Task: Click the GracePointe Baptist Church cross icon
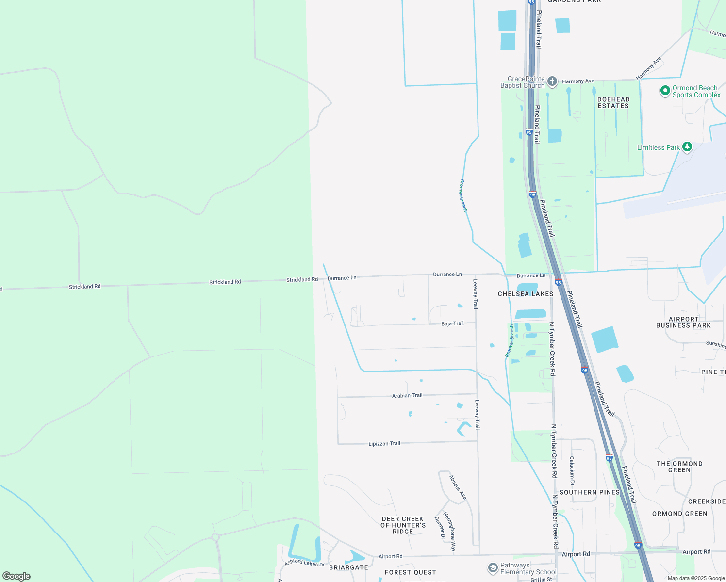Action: (x=552, y=81)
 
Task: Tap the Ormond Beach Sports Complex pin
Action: (x=665, y=91)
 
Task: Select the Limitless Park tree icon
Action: (x=687, y=146)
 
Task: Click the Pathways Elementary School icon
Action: (x=493, y=568)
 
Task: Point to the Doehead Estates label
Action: (x=613, y=102)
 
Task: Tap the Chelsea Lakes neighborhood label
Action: (x=526, y=294)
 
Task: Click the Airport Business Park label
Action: (x=683, y=323)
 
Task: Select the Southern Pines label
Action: (x=590, y=492)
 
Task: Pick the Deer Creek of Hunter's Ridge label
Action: (x=403, y=525)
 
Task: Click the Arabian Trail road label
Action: (x=407, y=396)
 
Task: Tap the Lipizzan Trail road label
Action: (x=384, y=444)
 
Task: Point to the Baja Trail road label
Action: (x=452, y=323)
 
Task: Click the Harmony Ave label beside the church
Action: (x=578, y=81)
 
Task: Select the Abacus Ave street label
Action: (x=458, y=487)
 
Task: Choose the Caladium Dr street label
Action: (x=572, y=471)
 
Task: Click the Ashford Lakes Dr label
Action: (x=304, y=563)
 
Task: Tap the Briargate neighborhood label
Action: (x=348, y=567)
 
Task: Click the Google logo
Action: (x=16, y=576)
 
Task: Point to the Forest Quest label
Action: (x=410, y=572)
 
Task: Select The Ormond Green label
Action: (x=679, y=467)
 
